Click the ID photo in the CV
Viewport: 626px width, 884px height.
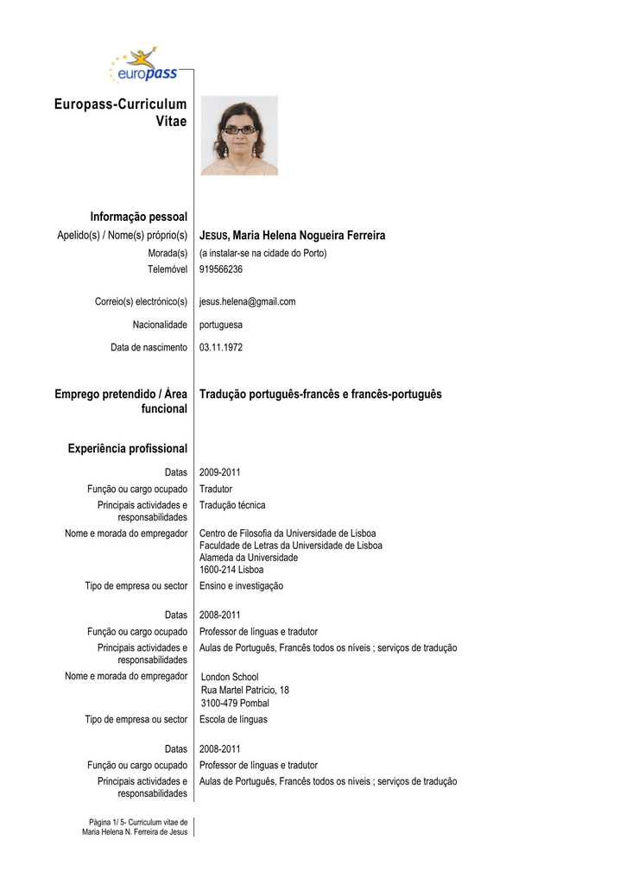pos(239,136)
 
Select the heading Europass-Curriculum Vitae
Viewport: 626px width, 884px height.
pos(120,113)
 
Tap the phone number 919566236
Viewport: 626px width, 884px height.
pos(221,269)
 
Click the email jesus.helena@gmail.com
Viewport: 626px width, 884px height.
pos(247,301)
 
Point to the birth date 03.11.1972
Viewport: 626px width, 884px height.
pos(221,347)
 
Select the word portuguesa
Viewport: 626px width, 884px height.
pos(221,325)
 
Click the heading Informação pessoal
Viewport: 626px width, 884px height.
pos(138,216)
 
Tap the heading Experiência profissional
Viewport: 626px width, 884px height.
pos(127,449)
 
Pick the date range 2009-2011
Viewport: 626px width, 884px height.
pos(220,472)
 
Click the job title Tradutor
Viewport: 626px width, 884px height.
pos(216,489)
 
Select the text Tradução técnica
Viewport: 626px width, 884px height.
pos(232,505)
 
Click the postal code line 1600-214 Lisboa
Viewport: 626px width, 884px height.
pos(231,570)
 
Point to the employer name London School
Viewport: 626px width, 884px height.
pos(230,677)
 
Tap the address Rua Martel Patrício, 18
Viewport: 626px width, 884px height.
pos(245,690)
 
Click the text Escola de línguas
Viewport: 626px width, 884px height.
pos(233,719)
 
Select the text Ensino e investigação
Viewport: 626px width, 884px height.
pos(241,585)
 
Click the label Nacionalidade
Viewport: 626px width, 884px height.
pos(160,325)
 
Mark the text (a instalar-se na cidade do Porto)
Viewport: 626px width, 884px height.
pos(263,254)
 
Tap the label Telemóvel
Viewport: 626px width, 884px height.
pos(168,269)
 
